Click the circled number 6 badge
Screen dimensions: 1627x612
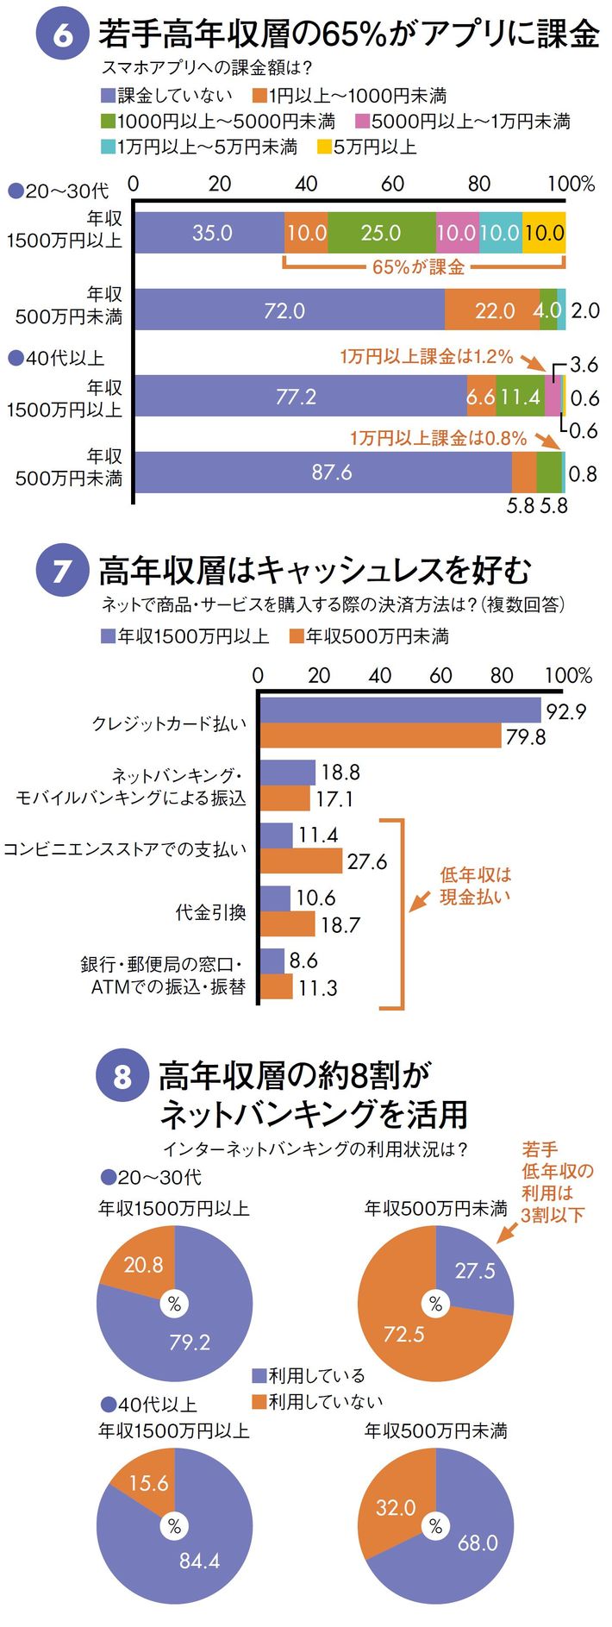61,35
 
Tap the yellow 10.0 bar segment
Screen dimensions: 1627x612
544,233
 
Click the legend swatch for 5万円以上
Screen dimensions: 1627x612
323,147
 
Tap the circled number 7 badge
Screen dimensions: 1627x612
61,571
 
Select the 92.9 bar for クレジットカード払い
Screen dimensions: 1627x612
400,710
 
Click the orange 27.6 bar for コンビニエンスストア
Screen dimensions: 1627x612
301,860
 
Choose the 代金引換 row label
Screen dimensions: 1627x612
210,911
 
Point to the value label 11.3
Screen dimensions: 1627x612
317,988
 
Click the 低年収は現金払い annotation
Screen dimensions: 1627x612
474,885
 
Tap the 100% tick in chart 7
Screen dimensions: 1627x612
568,675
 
